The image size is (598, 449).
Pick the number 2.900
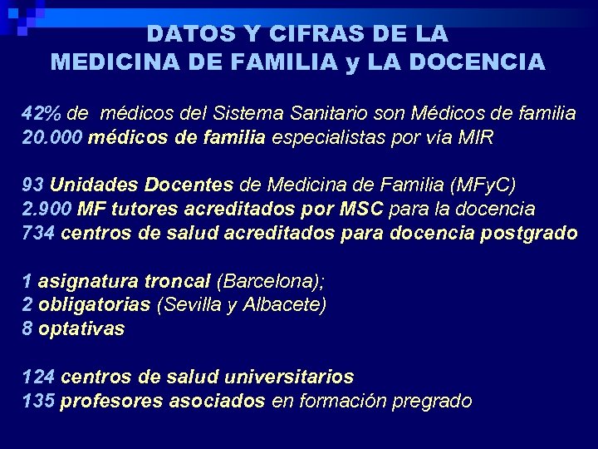click(x=47, y=209)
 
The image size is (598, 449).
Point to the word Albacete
click(x=283, y=304)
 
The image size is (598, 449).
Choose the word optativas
click(x=81, y=328)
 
